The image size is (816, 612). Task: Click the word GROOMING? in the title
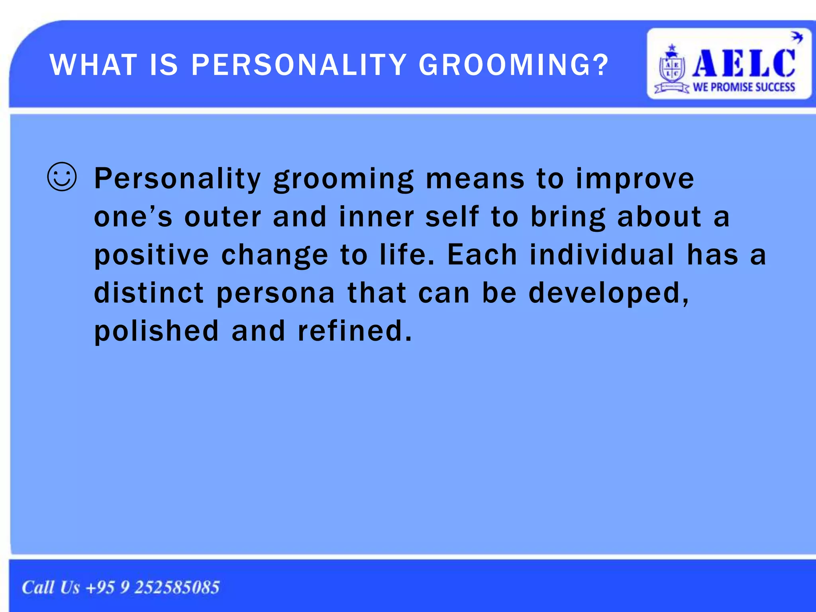[x=514, y=65]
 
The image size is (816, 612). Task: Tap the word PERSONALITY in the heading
[x=299, y=65]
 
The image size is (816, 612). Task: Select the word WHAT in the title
[x=93, y=65]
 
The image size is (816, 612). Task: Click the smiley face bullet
[x=62, y=177]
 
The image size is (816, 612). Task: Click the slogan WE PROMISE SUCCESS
[x=744, y=87]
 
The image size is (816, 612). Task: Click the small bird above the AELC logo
[x=796, y=37]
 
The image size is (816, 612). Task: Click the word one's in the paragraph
[x=133, y=217]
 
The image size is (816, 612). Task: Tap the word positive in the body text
[x=151, y=255]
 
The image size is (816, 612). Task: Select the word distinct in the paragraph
[x=149, y=293]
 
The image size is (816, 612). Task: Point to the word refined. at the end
[x=355, y=331]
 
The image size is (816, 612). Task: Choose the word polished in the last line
[x=157, y=331]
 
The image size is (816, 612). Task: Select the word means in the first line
[x=475, y=179]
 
